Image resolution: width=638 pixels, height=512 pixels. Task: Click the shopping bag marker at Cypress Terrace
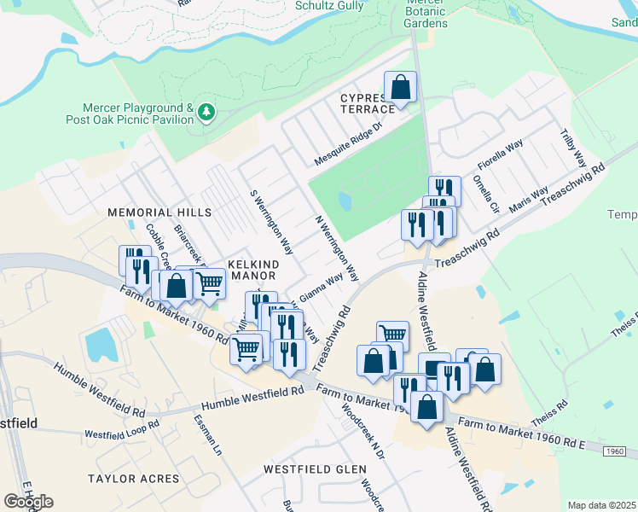tap(399, 87)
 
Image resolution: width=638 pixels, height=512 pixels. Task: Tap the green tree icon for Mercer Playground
tap(206, 112)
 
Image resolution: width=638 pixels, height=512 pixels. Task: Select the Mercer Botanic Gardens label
tap(426, 15)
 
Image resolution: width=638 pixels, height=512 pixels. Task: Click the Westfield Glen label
tap(315, 469)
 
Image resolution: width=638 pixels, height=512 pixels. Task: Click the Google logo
tap(28, 502)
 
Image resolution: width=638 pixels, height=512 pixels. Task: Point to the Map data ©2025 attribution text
tap(602, 505)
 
